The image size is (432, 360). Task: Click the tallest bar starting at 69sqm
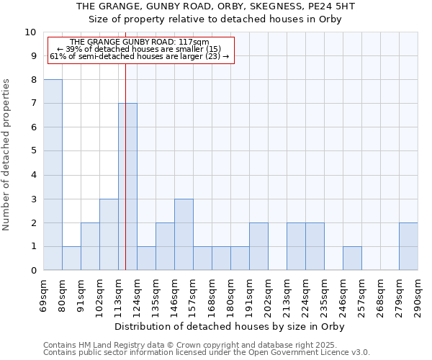pos(53,175)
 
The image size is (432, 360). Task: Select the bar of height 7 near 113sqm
pos(127,186)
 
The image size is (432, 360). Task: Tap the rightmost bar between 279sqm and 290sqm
pos(408,246)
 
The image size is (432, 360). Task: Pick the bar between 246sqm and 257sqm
pos(352,258)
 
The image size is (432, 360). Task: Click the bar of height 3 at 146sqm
pos(184,235)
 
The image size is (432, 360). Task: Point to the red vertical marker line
pos(125,166)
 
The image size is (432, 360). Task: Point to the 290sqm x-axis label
pos(418,296)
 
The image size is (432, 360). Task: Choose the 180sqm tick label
pos(231,296)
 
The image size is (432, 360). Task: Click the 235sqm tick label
pos(325,296)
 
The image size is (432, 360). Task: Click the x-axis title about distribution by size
pos(230,326)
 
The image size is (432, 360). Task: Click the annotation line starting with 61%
pos(139,56)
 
